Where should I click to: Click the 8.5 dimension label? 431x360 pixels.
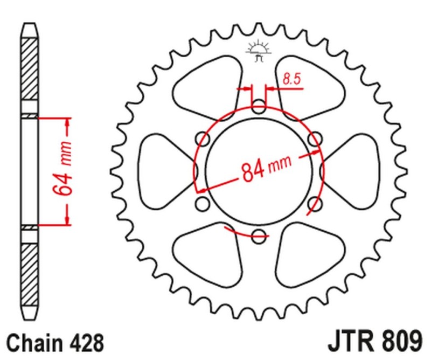click(x=291, y=80)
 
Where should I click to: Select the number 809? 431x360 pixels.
click(x=399, y=342)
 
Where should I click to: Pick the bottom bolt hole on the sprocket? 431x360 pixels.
click(x=259, y=234)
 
